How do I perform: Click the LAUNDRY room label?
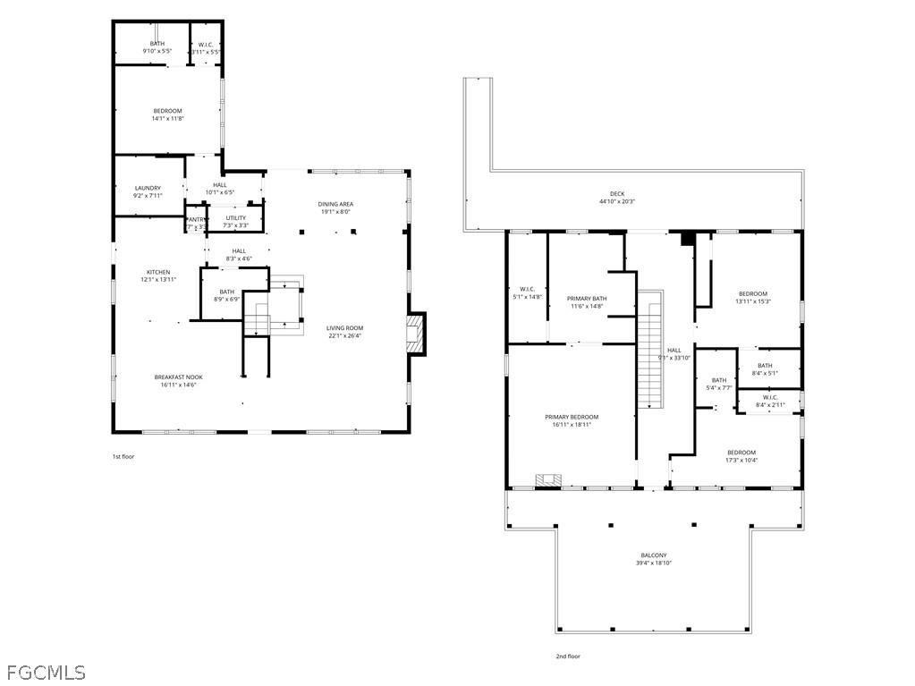coord(148,188)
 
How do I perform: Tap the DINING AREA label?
coord(335,205)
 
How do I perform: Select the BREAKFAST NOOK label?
coord(174,377)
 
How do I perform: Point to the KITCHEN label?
coord(158,272)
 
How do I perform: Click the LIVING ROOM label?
coord(344,328)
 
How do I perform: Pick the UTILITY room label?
coord(235,217)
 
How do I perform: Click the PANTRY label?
coord(195,219)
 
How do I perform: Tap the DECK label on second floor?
coord(617,194)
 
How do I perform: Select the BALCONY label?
coord(653,555)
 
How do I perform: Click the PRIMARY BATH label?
coord(586,299)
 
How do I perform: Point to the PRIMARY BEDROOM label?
coord(572,417)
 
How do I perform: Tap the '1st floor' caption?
coord(123,457)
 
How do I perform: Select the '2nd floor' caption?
coord(568,656)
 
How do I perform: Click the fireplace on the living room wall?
coord(416,333)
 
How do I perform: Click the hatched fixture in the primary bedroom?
coord(546,480)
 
